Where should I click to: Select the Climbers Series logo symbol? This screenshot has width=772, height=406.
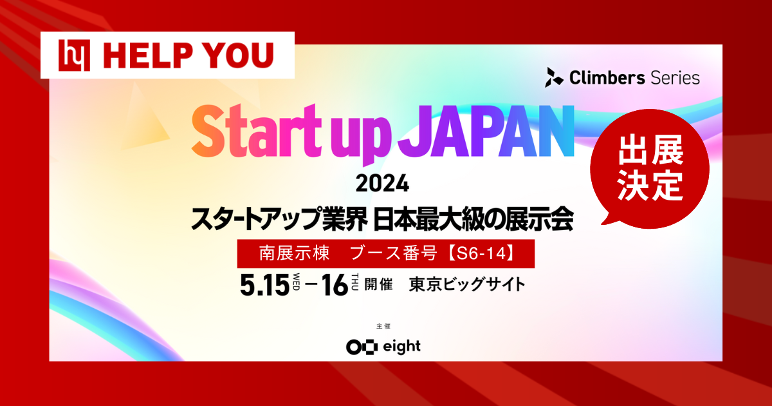click(x=554, y=78)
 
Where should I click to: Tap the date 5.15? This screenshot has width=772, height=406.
click(x=264, y=285)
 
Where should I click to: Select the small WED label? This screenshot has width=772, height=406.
click(x=297, y=284)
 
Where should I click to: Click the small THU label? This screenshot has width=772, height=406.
click(x=355, y=284)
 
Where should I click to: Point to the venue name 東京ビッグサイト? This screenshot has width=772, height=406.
click(x=467, y=285)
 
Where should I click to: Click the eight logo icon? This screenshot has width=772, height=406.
click(x=359, y=347)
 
